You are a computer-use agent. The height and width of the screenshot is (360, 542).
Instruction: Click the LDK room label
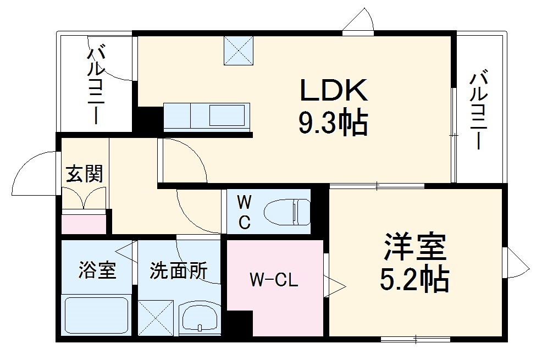pyautogui.click(x=333, y=91)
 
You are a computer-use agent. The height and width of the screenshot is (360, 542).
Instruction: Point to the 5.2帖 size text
pyautogui.click(x=415, y=280)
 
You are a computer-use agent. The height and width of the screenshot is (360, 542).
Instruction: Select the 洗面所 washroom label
pyautogui.click(x=179, y=270)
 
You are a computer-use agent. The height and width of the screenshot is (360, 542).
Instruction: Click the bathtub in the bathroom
pyautogui.click(x=97, y=317)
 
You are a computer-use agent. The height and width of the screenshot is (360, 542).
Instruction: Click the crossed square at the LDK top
pyautogui.click(x=239, y=51)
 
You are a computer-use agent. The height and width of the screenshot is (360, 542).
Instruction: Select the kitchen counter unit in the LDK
pyautogui.click(x=207, y=117)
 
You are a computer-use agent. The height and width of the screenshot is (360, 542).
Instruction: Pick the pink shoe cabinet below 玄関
pyautogui.click(x=84, y=224)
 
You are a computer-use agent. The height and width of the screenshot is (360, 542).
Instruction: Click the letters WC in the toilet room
pyautogui.click(x=245, y=212)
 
